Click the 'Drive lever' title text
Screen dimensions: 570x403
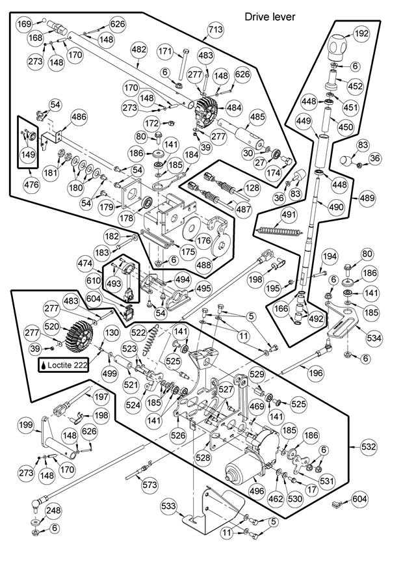tap(270, 16)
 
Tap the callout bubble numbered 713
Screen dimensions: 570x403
tap(216, 29)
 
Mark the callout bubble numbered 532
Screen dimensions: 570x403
tap(369, 448)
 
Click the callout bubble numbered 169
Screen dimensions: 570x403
tap(24, 25)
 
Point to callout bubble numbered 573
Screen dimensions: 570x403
tap(150, 485)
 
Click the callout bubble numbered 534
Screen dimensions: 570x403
tap(374, 338)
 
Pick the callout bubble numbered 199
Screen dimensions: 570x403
tap(25, 426)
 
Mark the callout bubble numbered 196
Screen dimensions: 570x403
tap(316, 373)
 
